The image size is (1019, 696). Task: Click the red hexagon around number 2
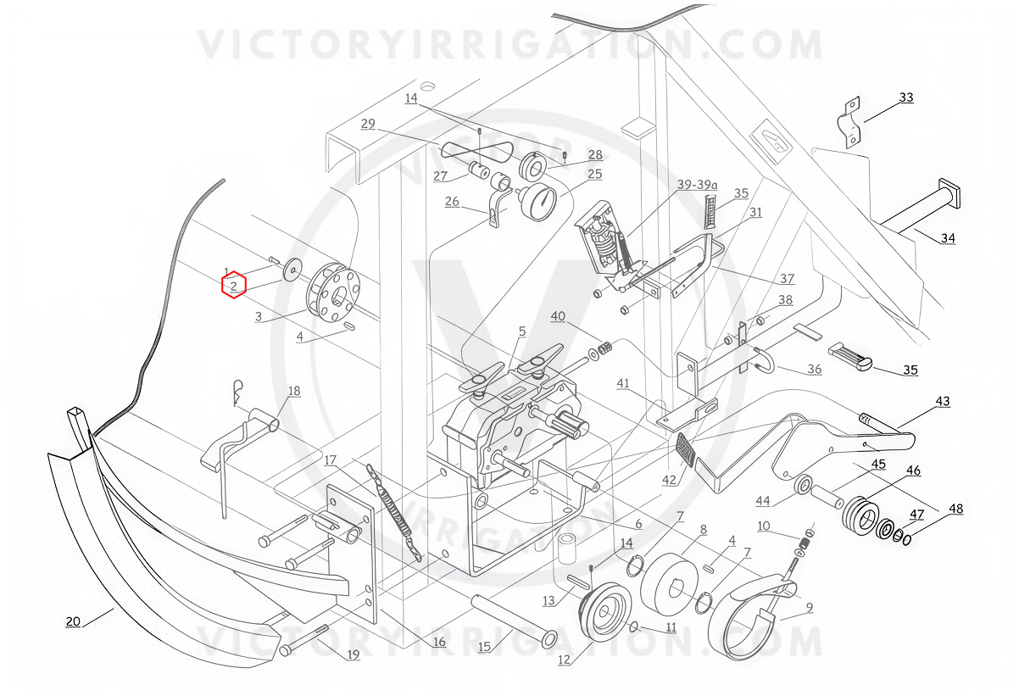234,285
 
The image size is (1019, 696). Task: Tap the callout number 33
906,97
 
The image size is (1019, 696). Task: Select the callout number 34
948,238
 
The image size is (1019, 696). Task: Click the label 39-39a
697,184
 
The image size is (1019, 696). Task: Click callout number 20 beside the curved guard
73,621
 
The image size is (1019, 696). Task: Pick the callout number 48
955,509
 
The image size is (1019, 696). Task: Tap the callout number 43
943,401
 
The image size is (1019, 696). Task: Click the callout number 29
368,124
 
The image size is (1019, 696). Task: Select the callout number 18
294,391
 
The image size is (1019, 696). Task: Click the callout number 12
564,660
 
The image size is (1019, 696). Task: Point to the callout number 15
484,647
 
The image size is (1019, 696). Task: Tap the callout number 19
353,655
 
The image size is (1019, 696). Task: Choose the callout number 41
623,383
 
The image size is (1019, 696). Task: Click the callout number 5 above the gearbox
522,331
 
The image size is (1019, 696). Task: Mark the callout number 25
594,174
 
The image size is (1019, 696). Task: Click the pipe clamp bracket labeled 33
849,122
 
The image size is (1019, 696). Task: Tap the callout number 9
810,607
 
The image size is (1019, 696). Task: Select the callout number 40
558,316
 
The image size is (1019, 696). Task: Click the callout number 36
815,369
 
